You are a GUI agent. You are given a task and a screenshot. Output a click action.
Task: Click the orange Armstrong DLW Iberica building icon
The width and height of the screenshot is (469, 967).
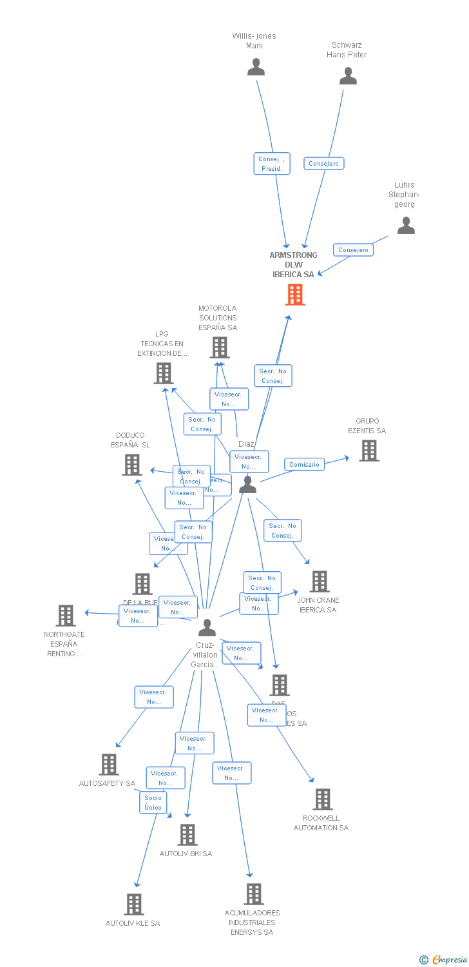pos(295,294)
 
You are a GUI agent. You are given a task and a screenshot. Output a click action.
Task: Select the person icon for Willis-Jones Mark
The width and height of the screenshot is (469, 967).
pos(256,67)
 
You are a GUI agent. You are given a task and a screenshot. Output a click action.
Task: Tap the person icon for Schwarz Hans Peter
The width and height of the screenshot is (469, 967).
pos(348,76)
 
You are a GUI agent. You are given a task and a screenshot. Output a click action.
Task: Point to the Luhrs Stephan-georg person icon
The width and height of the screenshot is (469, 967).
pos(406,226)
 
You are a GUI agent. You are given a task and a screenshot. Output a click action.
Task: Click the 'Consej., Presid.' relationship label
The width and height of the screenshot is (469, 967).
pos(272,164)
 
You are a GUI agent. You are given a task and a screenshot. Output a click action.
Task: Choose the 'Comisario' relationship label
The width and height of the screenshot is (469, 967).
pos(304,464)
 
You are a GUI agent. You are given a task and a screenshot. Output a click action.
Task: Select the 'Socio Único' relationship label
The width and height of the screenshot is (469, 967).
pos(153,803)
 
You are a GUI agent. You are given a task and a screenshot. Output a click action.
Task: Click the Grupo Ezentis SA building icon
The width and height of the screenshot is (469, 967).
pos(368,451)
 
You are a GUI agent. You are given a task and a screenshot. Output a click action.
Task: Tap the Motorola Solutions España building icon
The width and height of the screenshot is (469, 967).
pos(220,347)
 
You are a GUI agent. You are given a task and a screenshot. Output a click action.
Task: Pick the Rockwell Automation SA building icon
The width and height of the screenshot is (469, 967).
pos(323,799)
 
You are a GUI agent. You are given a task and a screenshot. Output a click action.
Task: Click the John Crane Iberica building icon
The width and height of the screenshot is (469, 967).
pos(319,581)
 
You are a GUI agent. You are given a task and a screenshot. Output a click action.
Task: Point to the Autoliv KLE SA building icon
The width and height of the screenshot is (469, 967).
pos(133,904)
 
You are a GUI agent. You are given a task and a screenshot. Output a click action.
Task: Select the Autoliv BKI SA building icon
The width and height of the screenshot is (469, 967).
pos(187,835)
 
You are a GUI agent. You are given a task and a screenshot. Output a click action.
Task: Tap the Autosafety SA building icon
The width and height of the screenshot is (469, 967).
pos(109,765)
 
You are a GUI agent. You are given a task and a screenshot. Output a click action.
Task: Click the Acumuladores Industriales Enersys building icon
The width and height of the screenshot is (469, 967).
pos(254,894)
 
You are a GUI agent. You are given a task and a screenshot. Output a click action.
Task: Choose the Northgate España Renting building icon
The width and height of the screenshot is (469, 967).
pos(66,616)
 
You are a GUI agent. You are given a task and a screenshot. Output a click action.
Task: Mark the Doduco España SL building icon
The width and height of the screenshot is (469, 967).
pos(132,464)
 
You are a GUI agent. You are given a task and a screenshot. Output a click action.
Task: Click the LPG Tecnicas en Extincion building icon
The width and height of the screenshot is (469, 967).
pos(164,373)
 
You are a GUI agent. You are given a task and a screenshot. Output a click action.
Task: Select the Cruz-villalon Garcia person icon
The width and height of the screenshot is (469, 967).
pos(207,627)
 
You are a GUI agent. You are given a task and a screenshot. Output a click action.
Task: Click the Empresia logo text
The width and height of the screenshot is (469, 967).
pos(448,960)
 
